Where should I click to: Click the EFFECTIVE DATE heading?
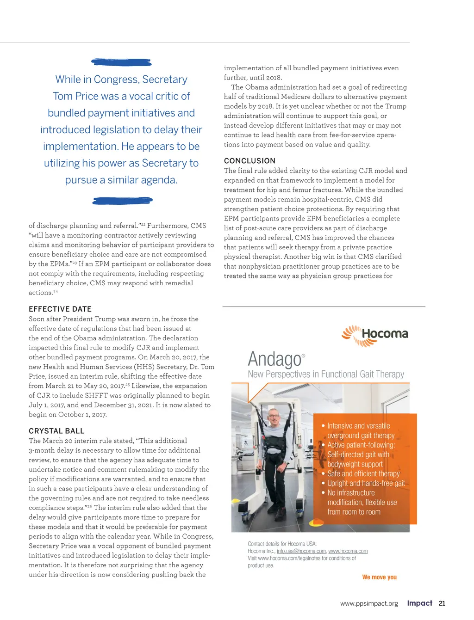coord(60,309)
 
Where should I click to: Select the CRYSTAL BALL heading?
coord(56,431)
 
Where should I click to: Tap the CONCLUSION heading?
coord(249,161)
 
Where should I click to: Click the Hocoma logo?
coord(375,335)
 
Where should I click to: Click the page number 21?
coord(442,603)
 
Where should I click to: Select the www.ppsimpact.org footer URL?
coord(369,603)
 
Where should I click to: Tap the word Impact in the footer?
coord(419,603)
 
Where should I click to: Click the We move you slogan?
coord(379,577)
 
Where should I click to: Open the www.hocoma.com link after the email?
coord(348,551)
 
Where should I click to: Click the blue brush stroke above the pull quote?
coord(121,62)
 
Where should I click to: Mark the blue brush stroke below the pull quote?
coord(122,201)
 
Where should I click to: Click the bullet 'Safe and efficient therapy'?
coord(363,473)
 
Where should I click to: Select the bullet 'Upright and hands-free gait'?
coord(366,483)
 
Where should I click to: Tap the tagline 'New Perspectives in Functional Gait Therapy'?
coord(326,374)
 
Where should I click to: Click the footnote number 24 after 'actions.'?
coord(56,292)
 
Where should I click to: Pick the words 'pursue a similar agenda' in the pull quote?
coord(121,180)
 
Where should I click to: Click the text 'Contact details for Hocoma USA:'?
coord(282,544)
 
